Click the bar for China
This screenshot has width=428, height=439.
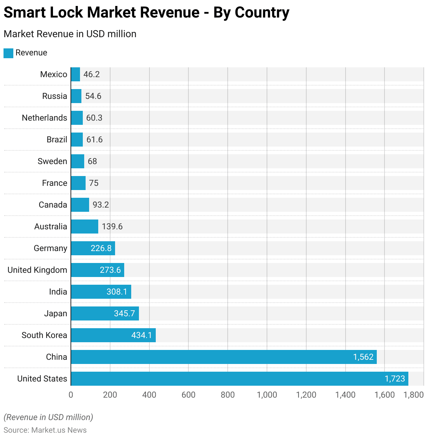[x=224, y=357]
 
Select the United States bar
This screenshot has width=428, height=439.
[x=240, y=379]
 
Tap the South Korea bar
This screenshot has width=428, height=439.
[x=113, y=335]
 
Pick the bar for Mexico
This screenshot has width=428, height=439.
[x=75, y=74]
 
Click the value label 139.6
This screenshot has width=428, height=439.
[x=112, y=227]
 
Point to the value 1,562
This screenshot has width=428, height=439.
[x=363, y=357]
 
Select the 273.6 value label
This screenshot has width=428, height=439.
[x=110, y=270]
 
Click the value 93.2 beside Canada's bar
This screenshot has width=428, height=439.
[x=101, y=205]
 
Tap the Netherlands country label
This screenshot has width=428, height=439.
[x=45, y=118]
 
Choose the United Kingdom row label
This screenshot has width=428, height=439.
[x=37, y=270]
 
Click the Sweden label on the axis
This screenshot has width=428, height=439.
[x=52, y=161]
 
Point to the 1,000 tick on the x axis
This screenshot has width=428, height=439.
[x=267, y=395]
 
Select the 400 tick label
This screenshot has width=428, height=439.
[x=149, y=395]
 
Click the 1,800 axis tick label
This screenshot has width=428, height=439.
[x=414, y=395]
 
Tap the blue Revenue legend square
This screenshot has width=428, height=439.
[x=8, y=53]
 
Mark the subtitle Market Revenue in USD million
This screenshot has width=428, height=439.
[x=70, y=34]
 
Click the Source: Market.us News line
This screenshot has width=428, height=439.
[x=45, y=430]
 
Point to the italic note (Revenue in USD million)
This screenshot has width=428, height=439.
[x=48, y=417]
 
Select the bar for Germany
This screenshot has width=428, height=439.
[x=93, y=248]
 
